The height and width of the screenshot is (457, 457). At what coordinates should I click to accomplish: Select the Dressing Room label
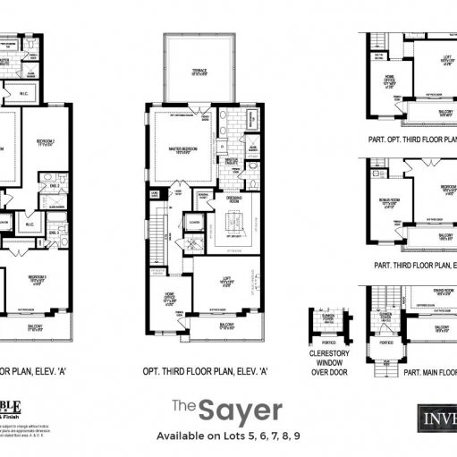point(233,201)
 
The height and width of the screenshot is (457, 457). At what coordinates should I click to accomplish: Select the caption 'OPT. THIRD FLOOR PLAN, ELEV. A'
point(206,371)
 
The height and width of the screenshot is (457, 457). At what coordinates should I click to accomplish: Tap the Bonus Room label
point(387,203)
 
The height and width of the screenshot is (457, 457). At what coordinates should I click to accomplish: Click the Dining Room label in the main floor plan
point(444,291)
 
